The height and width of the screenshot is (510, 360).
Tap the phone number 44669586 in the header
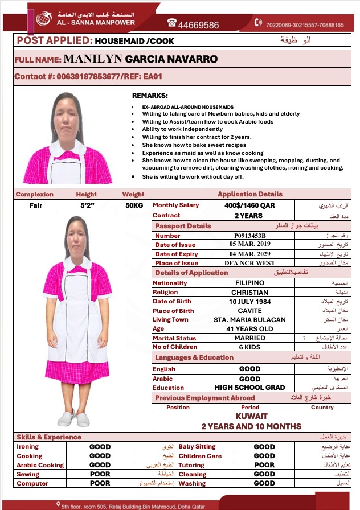tap(198, 25)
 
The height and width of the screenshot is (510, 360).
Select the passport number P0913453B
tap(249, 235)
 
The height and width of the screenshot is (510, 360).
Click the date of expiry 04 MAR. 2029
tap(249, 254)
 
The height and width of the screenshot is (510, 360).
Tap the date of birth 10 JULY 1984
tap(249, 301)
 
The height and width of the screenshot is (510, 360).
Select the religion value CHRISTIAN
tap(249, 292)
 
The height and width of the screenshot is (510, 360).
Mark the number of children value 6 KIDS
tap(249, 347)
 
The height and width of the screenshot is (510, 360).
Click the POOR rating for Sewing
tap(100, 474)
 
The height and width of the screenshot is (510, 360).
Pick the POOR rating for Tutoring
tap(264, 465)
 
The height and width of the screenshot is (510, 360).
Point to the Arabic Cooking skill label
tap(40, 465)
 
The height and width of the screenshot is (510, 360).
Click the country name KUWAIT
tap(251, 417)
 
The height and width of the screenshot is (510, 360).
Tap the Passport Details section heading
tap(183, 226)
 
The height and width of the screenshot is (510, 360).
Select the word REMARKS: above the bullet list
tap(150, 96)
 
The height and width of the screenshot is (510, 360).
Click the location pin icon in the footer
tap(58, 504)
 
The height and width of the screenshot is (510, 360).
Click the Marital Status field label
tap(174, 338)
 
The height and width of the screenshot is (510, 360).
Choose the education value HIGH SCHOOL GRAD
tap(249, 388)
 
